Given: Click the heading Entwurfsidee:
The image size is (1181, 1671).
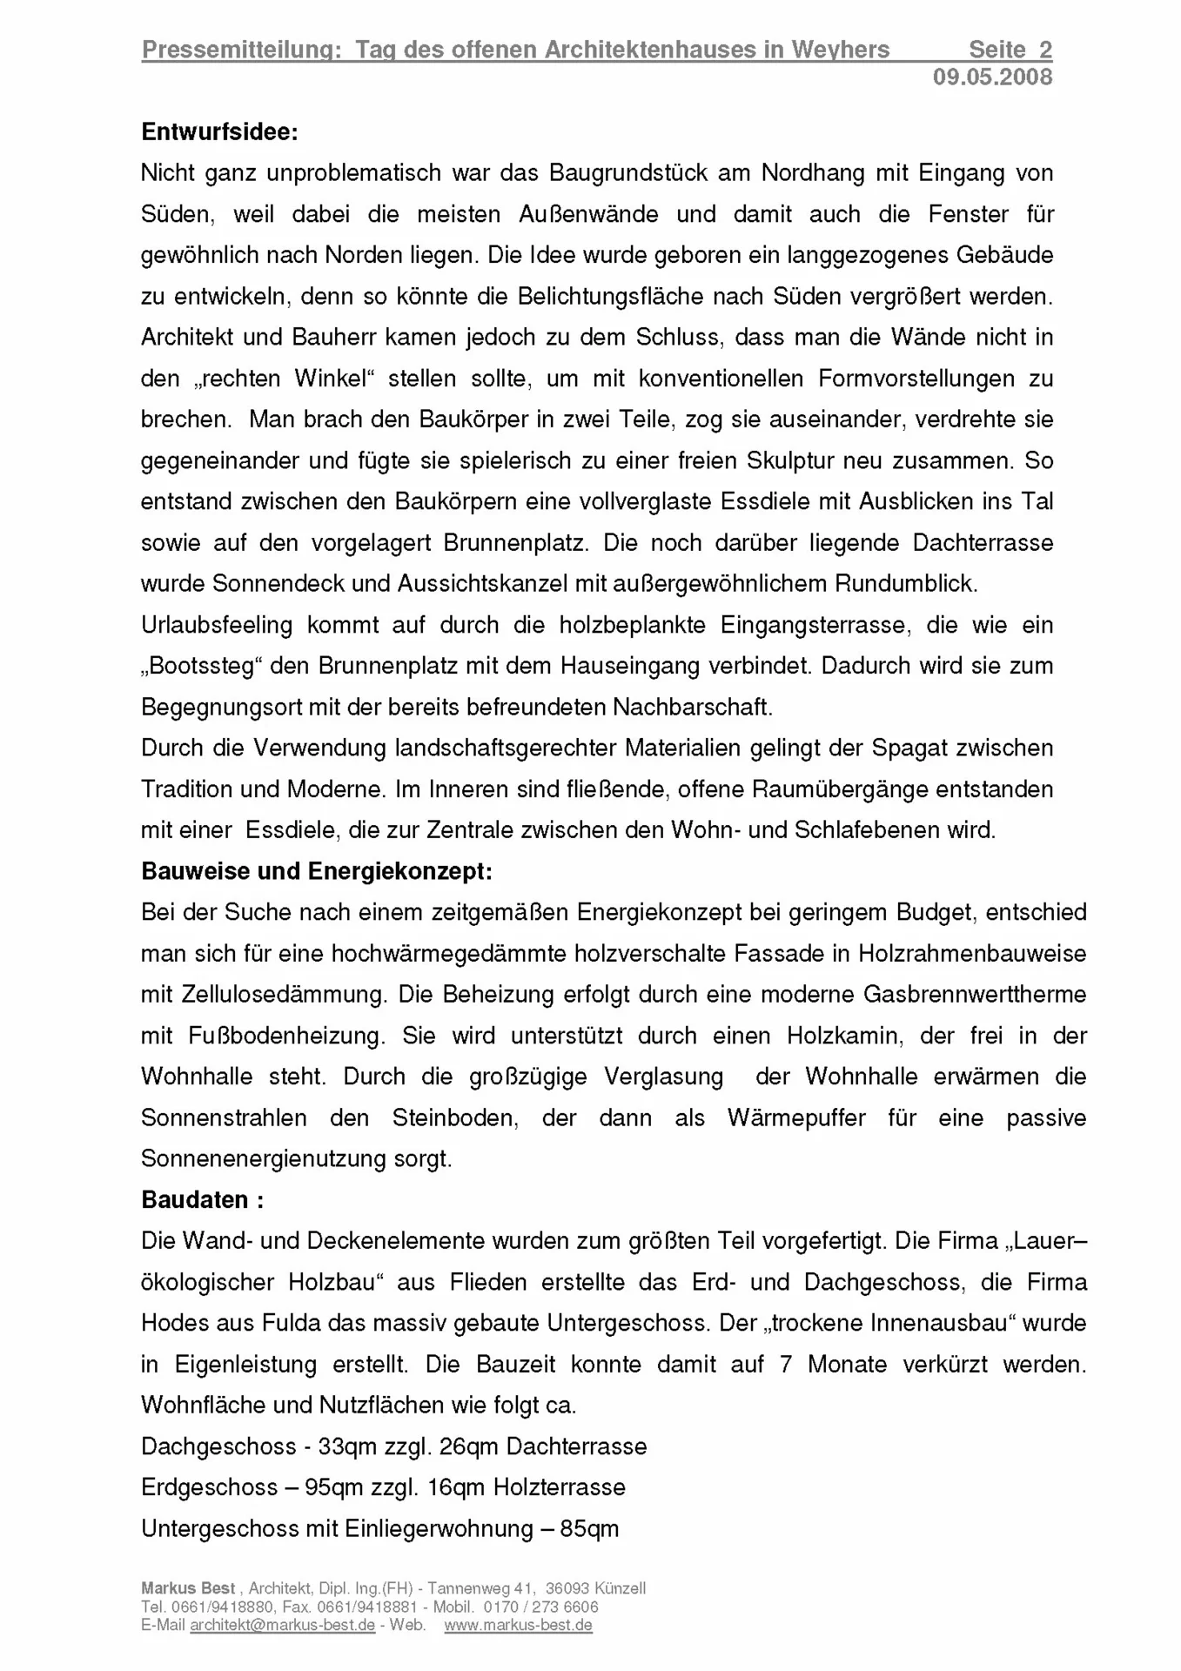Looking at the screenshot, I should point(219,132).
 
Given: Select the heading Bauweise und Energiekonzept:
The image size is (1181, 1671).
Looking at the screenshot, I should point(316,871).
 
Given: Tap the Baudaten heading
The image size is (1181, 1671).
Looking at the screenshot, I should point(202,1200).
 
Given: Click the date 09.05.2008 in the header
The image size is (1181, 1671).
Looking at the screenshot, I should point(992,77).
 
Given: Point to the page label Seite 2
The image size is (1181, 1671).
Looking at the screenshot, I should point(1010,50).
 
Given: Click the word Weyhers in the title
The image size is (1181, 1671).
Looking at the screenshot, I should point(840,50).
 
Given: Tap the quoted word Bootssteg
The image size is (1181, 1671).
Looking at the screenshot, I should point(202,667).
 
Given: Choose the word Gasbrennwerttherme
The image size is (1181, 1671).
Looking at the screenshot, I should point(975,995).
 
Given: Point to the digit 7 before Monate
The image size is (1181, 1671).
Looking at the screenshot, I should point(786,1365).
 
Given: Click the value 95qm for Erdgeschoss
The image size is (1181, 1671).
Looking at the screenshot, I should point(333,1488).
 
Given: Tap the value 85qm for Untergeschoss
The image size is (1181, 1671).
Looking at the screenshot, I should point(589,1529).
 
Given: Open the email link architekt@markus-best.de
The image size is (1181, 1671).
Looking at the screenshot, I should point(283,1625).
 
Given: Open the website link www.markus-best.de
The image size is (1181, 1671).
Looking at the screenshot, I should point(518,1625).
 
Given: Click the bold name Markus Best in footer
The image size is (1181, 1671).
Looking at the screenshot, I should point(188,1588).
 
